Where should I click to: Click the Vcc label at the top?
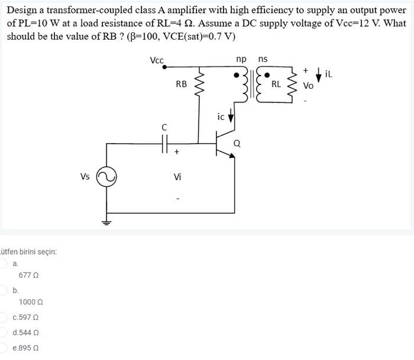pyautogui.click(x=157, y=60)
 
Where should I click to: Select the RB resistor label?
pyautogui.click(x=182, y=85)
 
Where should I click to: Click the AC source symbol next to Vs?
pyautogui.click(x=108, y=176)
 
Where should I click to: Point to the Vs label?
pyautogui.click(x=85, y=176)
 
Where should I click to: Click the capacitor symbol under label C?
pyautogui.click(x=164, y=142)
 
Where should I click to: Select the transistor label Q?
pyautogui.click(x=237, y=142)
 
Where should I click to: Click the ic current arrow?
pyautogui.click(x=231, y=118)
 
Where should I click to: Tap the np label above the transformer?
pyautogui.click(x=241, y=59)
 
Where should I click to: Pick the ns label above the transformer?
pyautogui.click(x=263, y=59)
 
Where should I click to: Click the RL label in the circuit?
pyautogui.click(x=276, y=85)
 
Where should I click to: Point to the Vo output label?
pyautogui.click(x=308, y=86)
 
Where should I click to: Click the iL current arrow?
pyautogui.click(x=319, y=75)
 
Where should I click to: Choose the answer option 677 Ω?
pyautogui.click(x=28, y=275)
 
